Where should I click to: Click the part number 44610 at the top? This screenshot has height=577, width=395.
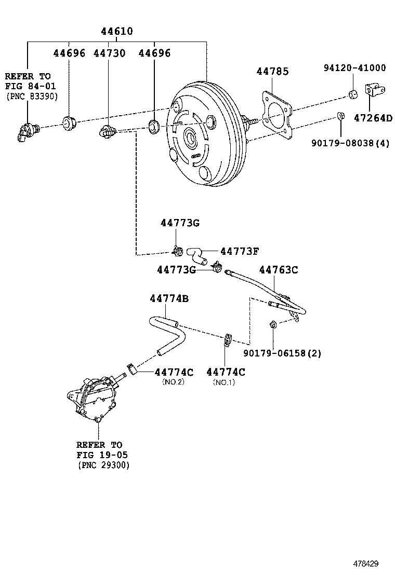click(x=116, y=32)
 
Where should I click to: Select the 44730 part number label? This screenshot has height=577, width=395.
click(x=109, y=53)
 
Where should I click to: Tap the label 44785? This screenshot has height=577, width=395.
click(x=272, y=72)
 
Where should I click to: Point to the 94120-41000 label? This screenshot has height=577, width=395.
click(x=354, y=68)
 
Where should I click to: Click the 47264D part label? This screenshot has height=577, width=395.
click(x=373, y=118)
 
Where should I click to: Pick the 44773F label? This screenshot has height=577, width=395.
click(x=240, y=251)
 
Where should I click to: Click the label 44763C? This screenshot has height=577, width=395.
click(x=279, y=270)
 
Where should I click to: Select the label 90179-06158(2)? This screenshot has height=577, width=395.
click(x=282, y=353)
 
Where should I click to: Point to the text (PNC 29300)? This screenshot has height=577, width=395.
click(x=103, y=465)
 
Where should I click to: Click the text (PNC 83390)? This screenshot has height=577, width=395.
click(x=32, y=97)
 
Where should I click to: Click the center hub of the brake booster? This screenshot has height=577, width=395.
click(x=191, y=139)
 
